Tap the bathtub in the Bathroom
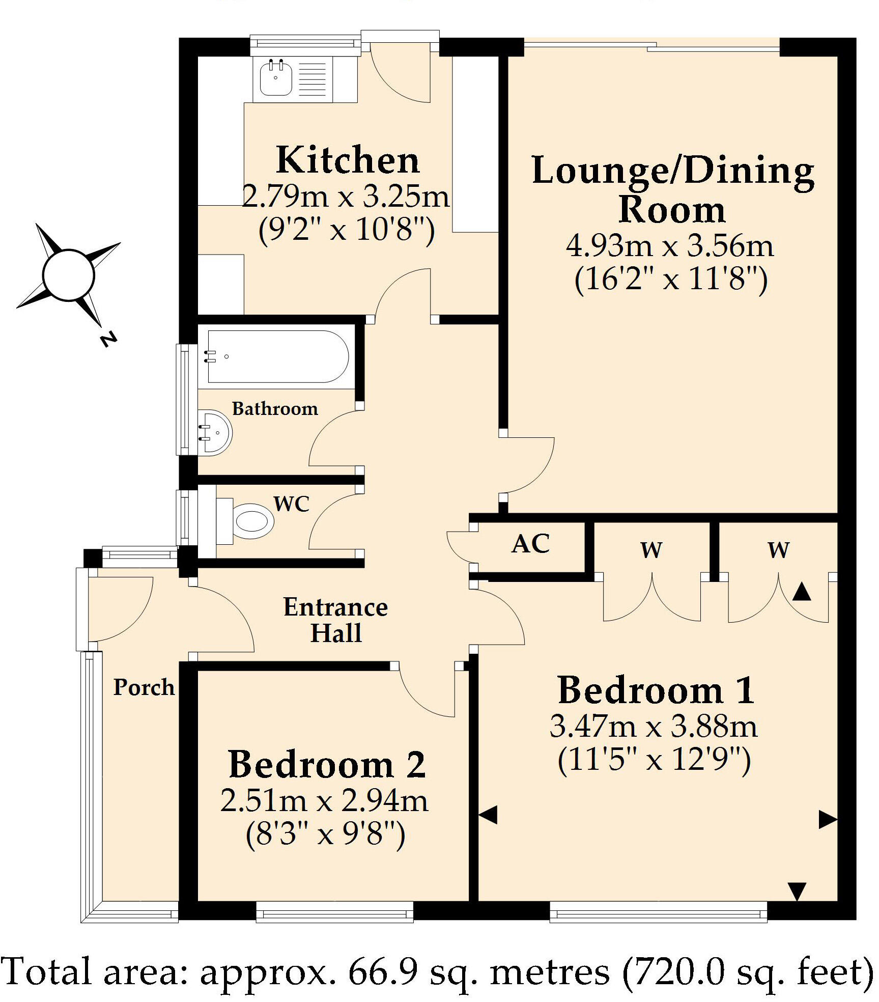(278, 357)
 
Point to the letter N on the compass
(107, 339)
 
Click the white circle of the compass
(68, 275)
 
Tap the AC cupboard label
(531, 544)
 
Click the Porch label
(144, 687)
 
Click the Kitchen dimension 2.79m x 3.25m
(346, 197)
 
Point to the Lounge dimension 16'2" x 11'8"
(671, 280)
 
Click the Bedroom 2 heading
(327, 765)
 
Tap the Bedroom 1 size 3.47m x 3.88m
(654, 727)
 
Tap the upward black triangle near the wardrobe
(802, 592)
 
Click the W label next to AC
(651, 550)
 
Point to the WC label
(292, 504)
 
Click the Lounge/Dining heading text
(672, 171)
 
